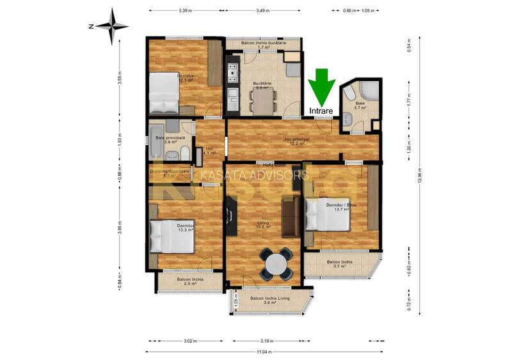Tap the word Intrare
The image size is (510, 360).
pyautogui.click(x=321, y=111)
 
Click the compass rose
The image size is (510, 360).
pyautogui.click(x=113, y=26)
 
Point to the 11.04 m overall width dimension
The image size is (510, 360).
pyautogui.click(x=264, y=352)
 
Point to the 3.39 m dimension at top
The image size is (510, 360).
pyautogui.click(x=186, y=10)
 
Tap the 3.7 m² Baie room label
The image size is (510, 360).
pyautogui.click(x=360, y=105)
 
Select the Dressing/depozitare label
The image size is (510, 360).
pyautogui.click(x=170, y=172)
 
